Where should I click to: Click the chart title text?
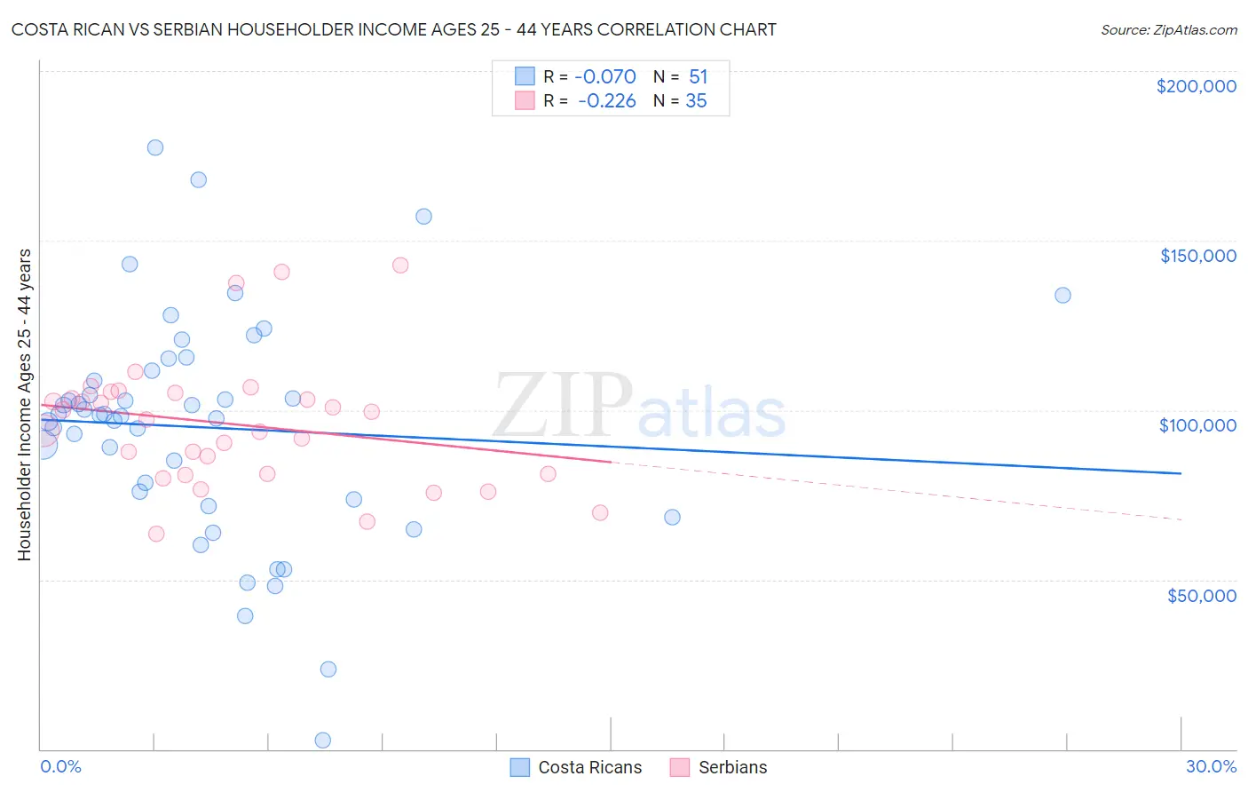pyautogui.click(x=393, y=29)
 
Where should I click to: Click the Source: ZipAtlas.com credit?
pyautogui.click(x=1168, y=29)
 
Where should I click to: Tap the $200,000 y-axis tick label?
pyautogui.click(x=1196, y=86)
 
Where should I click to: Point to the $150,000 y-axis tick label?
pyautogui.click(x=1197, y=256)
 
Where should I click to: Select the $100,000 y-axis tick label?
pyautogui.click(x=1197, y=425)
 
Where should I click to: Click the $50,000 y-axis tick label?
pyautogui.click(x=1201, y=595)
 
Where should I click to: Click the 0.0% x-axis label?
pyautogui.click(x=60, y=766)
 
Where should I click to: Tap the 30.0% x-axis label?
pyautogui.click(x=1211, y=766)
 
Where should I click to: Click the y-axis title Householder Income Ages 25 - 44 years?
pyautogui.click(x=24, y=405)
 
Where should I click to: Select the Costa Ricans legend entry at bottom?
pyautogui.click(x=589, y=767)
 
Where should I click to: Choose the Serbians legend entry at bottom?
pyautogui.click(x=732, y=767)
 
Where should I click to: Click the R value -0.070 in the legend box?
pyautogui.click(x=606, y=77)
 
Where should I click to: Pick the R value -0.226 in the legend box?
pyautogui.click(x=606, y=101)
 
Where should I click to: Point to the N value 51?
pyautogui.click(x=698, y=77)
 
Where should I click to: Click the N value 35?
pyautogui.click(x=696, y=101)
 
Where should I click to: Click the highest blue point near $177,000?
pyautogui.click(x=155, y=147)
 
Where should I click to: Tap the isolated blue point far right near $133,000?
pyautogui.click(x=1062, y=295)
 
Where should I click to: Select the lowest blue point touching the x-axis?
pyautogui.click(x=323, y=741)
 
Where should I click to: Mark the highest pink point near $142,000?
pyautogui.click(x=400, y=265)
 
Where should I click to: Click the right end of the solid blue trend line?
pyautogui.click(x=1181, y=473)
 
